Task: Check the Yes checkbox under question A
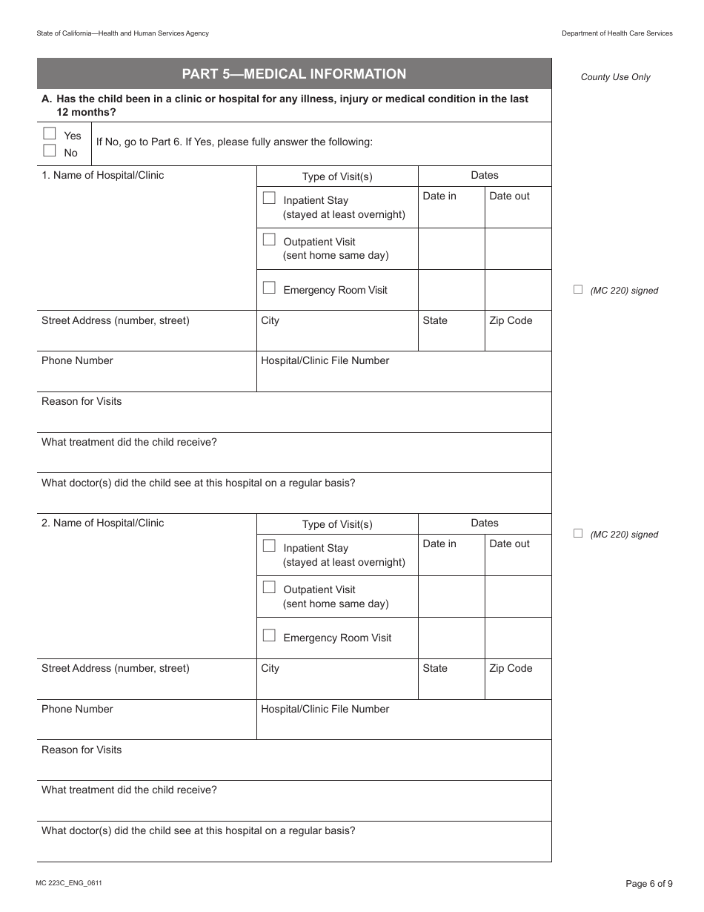point(50,134)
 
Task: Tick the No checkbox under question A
point(50,151)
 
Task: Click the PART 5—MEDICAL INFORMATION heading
point(294,74)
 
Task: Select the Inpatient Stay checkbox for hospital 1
point(269,199)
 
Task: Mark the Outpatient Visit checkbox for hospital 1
point(269,240)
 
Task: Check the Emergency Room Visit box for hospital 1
point(269,288)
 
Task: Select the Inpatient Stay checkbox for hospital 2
point(269,546)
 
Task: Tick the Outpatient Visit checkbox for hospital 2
point(269,588)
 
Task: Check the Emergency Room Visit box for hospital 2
point(269,635)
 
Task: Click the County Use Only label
point(615,77)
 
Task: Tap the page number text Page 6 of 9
point(649,883)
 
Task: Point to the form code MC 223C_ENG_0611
point(69,883)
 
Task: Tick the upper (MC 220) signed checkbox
point(578,290)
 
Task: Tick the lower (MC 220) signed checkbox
point(578,534)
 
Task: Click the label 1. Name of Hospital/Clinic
point(102,176)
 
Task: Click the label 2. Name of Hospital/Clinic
point(102,523)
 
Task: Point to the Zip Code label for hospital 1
point(511,321)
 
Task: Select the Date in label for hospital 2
point(439,544)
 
